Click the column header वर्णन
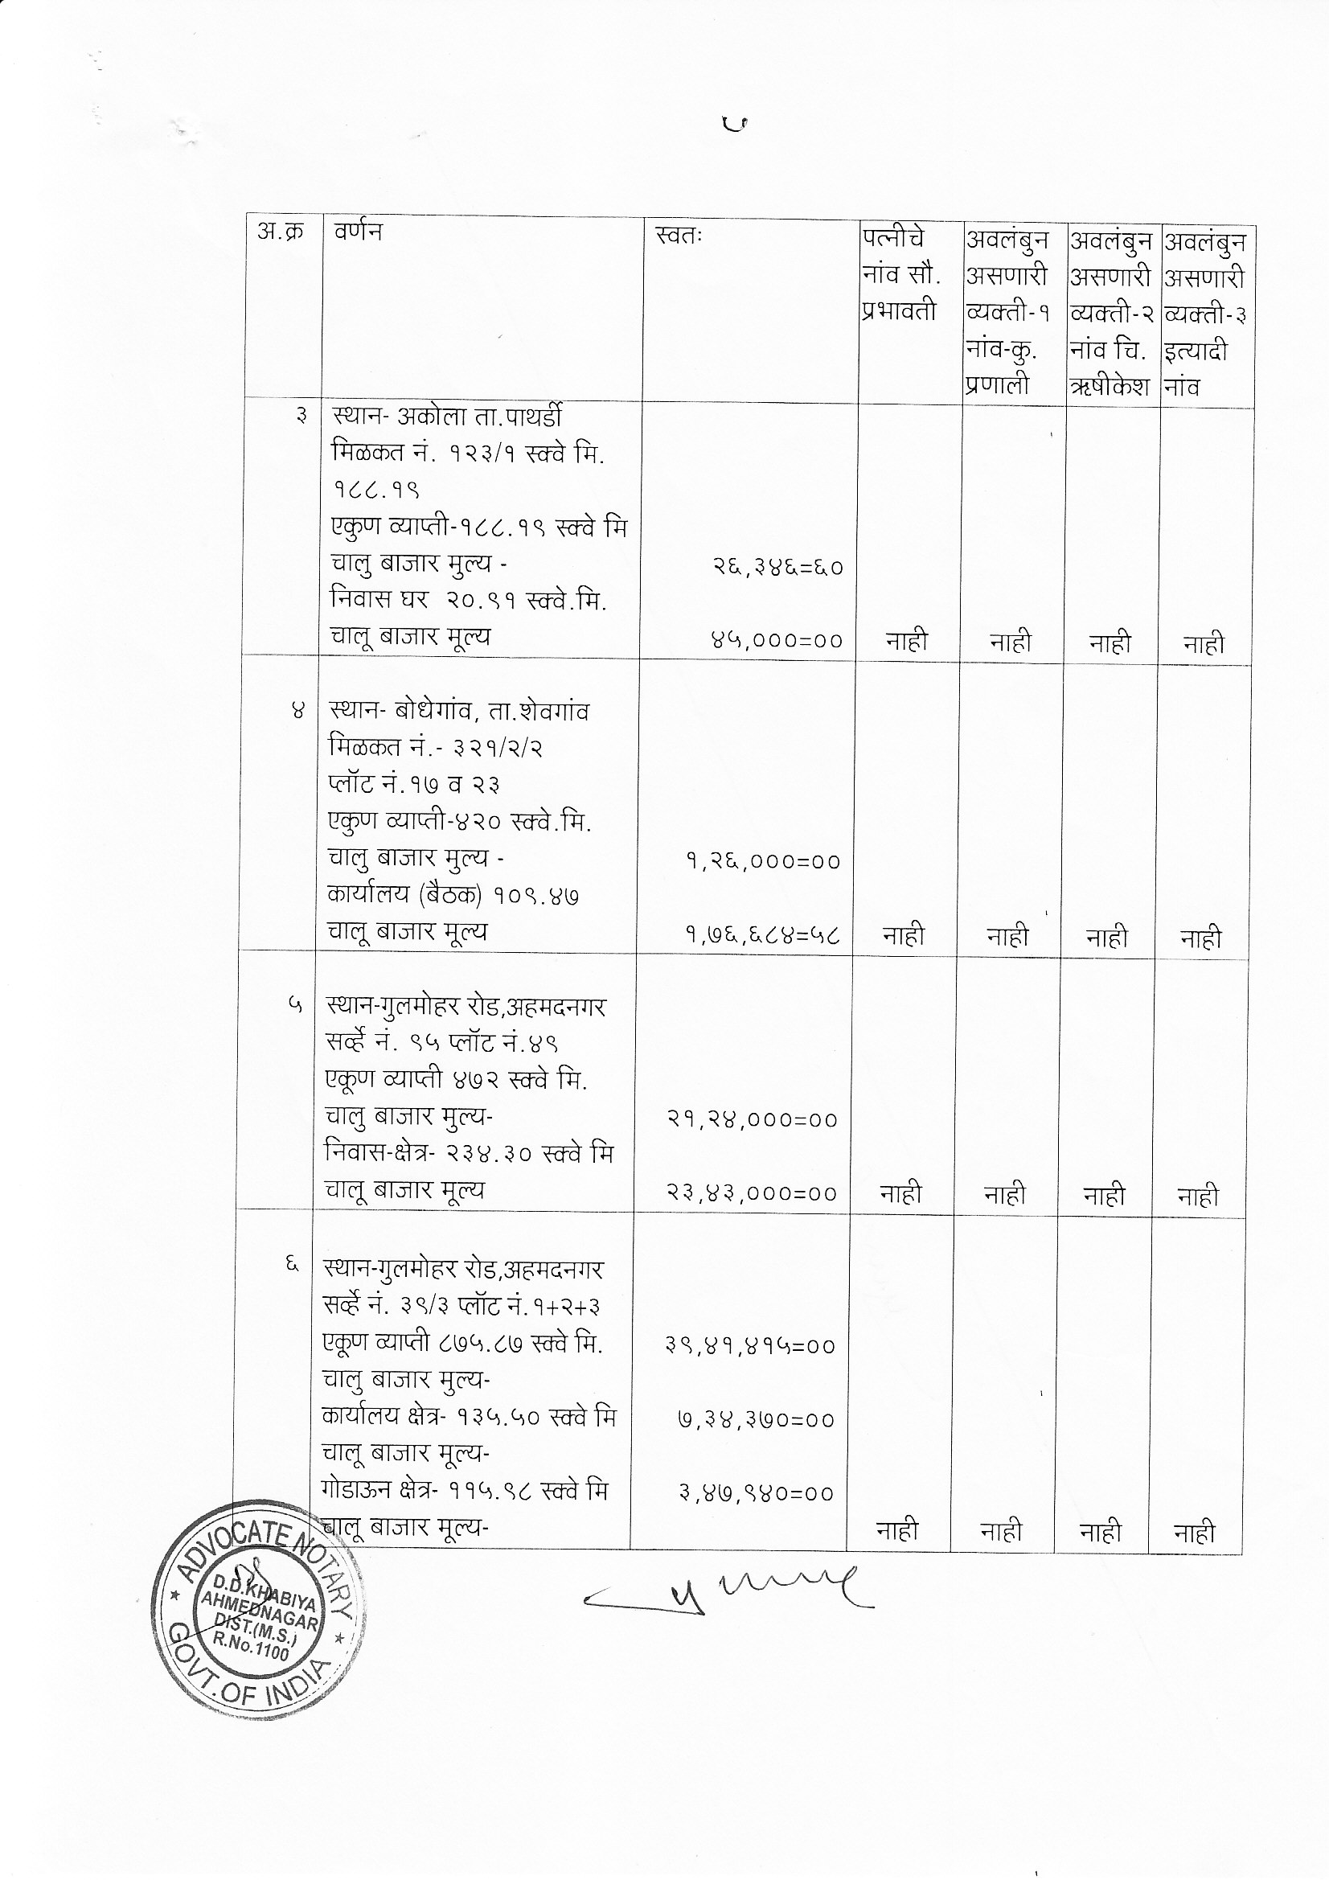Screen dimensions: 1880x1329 (x=358, y=232)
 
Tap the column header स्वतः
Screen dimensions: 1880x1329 (x=679, y=236)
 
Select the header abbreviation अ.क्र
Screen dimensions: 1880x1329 (x=280, y=232)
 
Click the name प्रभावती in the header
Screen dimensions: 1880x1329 (x=898, y=312)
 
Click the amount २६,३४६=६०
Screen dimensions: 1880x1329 (x=777, y=568)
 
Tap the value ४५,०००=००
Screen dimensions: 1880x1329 (x=777, y=641)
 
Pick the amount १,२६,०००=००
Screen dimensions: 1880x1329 (x=763, y=861)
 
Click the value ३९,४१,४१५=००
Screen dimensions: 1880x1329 (x=751, y=1346)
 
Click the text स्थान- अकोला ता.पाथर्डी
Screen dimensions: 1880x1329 (x=446, y=417)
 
